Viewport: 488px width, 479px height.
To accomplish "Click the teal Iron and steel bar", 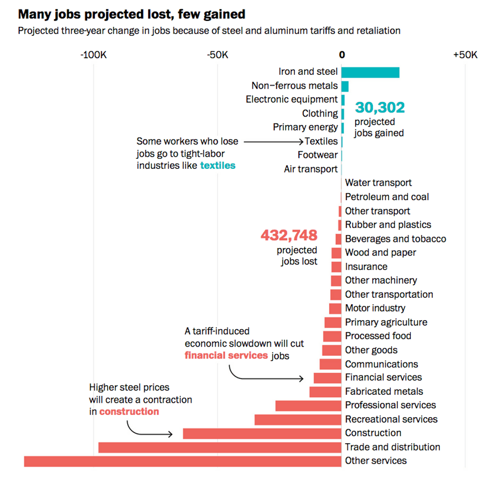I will click(x=370, y=72).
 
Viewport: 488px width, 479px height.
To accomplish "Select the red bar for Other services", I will click(x=182, y=461).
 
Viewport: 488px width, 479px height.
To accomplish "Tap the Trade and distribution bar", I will click(x=220, y=447).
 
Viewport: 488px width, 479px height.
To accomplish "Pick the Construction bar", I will click(x=262, y=433).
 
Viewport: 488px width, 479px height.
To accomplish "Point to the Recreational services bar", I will click(x=298, y=419).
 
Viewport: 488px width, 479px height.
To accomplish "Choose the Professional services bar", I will click(x=308, y=405).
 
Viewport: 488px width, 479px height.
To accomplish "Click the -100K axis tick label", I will click(x=94, y=55).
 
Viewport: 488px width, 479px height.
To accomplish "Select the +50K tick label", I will click(x=465, y=55).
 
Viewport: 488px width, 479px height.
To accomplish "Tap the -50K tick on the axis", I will click(x=218, y=55).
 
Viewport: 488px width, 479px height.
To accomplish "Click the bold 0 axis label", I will click(x=342, y=55).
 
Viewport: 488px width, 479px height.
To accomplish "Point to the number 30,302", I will click(x=380, y=108).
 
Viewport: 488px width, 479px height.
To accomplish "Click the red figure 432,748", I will click(x=289, y=235).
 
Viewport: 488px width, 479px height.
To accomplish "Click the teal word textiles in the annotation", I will click(x=218, y=165).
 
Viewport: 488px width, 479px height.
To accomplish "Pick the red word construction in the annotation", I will click(x=129, y=412).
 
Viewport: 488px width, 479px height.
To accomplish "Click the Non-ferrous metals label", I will click(x=294, y=86).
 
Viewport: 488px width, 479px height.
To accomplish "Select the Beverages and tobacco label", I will click(x=395, y=239).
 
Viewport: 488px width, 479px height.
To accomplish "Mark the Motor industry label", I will click(x=375, y=308).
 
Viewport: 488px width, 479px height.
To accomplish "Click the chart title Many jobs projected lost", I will click(x=131, y=14).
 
